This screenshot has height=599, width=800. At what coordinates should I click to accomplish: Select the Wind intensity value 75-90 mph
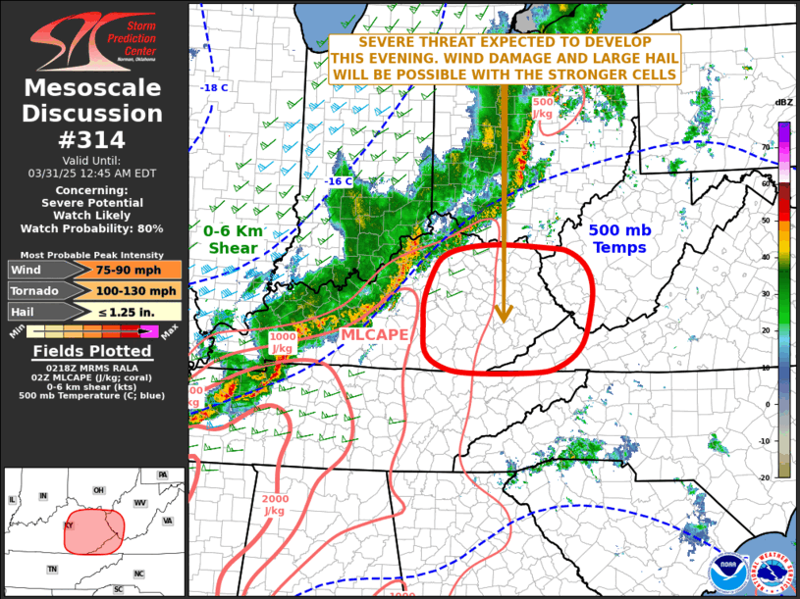coord(136,270)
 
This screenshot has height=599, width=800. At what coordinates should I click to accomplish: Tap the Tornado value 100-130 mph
coord(136,290)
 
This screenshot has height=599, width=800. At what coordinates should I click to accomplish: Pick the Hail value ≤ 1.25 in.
coord(136,312)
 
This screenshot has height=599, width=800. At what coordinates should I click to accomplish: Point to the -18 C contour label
coord(214,88)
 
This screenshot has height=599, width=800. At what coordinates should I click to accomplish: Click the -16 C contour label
coord(339,181)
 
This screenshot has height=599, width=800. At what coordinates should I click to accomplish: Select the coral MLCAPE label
coord(375,335)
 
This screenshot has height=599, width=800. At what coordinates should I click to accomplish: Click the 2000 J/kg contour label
coord(276,504)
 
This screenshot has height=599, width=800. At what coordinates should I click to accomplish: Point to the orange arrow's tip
coord(503,321)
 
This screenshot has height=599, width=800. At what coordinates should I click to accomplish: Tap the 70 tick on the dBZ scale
coord(767,147)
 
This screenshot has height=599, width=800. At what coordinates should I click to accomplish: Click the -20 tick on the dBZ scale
coord(767,476)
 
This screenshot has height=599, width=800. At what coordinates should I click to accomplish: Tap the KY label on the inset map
coord(69,524)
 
